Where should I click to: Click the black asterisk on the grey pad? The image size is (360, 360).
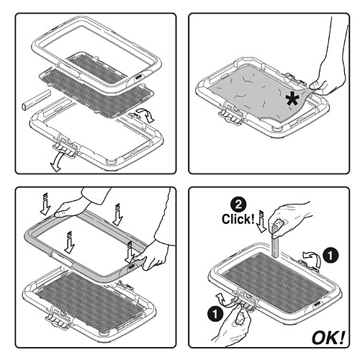click(292, 99)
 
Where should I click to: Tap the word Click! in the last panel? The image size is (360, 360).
click(238, 219)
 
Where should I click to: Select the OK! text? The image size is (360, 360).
click(328, 338)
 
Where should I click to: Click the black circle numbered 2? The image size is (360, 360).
click(238, 204)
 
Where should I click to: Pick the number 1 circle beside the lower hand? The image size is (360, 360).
click(215, 314)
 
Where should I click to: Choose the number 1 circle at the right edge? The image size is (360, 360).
click(330, 256)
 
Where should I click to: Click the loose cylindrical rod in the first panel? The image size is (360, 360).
click(36, 100)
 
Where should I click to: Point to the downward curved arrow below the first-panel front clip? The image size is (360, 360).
click(57, 162)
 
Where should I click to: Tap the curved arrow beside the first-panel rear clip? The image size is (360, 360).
click(146, 114)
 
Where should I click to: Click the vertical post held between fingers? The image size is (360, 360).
click(275, 241)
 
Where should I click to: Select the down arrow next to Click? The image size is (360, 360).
click(261, 221)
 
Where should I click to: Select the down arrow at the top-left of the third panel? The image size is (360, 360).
click(45, 204)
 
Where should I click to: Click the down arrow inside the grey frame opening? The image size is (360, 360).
click(70, 243)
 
